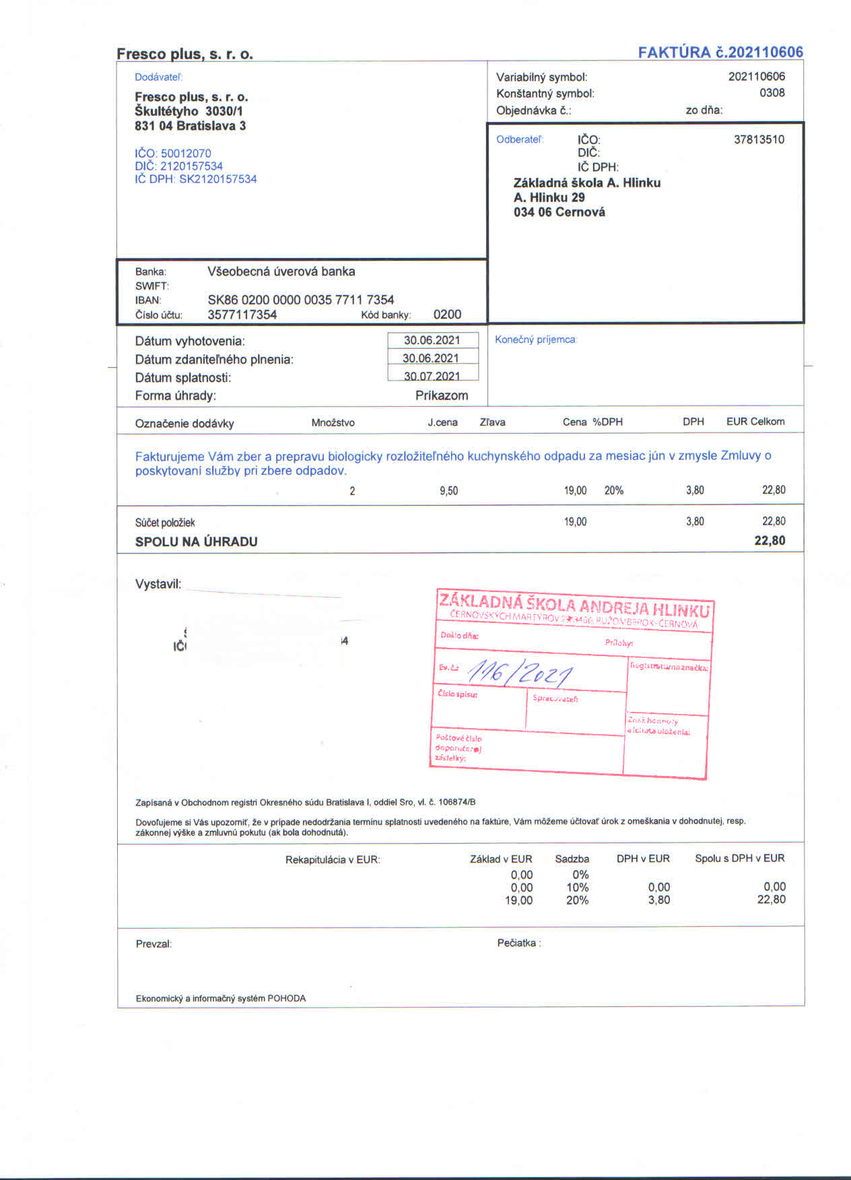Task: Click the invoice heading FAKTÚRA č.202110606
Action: pos(720,53)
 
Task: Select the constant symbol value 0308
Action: pos(772,93)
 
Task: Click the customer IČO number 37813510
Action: pos(759,139)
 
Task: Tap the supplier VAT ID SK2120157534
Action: pos(217,179)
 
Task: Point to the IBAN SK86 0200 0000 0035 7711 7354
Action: pos(300,300)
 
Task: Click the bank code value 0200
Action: pos(447,315)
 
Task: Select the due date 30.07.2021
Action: pos(432,376)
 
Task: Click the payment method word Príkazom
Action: pos(442,395)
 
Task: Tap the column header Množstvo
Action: pos(333,422)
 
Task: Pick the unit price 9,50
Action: pos(448,490)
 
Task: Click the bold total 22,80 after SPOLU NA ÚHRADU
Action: pos(770,540)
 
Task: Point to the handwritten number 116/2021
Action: pos(519,671)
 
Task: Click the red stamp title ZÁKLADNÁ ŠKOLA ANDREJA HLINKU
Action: pos(574,604)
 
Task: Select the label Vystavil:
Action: pos(158,584)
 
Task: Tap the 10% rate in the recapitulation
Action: pos(577,888)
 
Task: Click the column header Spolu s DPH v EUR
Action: pos(739,858)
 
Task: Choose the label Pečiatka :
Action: pos(519,943)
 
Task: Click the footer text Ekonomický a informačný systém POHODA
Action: pos(221,998)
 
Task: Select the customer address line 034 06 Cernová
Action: pos(559,212)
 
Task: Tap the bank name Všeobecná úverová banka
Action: pos(281,271)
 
